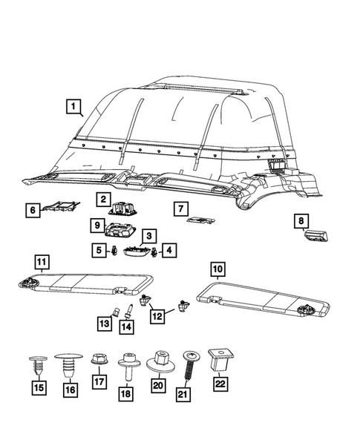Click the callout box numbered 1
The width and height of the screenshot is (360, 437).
[73, 107]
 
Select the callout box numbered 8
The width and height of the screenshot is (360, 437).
[301, 220]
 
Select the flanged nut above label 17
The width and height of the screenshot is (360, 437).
[96, 360]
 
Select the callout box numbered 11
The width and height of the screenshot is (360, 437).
[42, 260]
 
